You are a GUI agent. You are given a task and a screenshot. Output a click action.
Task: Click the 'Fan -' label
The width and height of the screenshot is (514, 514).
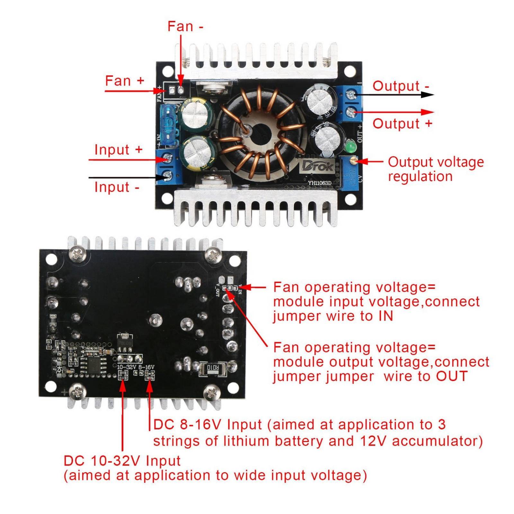[185, 27]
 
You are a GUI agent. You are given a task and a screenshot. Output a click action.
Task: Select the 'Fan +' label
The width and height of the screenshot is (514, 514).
[124, 81]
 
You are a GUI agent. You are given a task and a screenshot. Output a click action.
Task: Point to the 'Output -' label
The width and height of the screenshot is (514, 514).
[400, 86]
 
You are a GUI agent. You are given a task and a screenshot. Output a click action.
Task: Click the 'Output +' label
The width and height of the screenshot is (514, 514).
[402, 124]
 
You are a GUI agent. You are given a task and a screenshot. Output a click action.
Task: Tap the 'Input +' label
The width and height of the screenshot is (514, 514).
[118, 150]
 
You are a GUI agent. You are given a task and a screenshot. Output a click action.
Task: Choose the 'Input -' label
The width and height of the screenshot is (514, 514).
[117, 187]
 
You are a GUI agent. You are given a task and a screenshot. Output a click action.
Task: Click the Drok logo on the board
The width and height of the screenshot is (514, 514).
[317, 166]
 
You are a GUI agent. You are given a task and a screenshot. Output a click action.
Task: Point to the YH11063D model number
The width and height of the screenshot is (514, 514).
[319, 183]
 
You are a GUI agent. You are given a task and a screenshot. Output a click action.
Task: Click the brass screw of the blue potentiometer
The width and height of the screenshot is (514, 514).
[353, 160]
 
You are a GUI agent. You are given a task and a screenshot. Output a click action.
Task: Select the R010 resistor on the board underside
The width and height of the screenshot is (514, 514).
[212, 368]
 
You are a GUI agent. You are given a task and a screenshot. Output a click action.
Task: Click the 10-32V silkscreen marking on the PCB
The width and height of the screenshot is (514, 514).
[127, 367]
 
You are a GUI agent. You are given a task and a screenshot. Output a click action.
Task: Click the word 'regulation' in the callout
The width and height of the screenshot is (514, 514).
[420, 177]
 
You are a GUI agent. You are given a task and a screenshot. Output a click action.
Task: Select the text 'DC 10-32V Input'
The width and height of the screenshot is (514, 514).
[122, 461]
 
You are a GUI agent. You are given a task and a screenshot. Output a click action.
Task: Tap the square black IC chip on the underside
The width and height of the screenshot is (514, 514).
[95, 364]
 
